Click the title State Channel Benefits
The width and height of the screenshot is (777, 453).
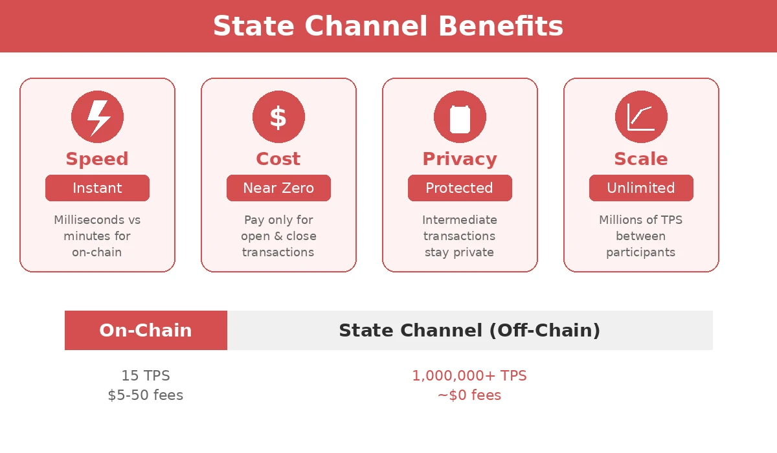388,27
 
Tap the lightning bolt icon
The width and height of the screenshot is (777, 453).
97,117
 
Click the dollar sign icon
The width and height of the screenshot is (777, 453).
278,117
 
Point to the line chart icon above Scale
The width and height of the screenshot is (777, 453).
641,117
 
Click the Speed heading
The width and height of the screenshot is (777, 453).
97,159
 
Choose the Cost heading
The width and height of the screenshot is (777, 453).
278,159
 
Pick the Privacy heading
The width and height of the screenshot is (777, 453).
460,159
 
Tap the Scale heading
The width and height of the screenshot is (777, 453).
641,159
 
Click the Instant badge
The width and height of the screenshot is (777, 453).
97,188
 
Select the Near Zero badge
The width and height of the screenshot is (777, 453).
278,188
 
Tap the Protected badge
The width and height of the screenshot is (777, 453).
460,188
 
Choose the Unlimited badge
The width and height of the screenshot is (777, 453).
641,188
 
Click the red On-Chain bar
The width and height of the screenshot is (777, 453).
146,331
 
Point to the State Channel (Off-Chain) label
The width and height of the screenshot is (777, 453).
469,331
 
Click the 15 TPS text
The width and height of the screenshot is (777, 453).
146,376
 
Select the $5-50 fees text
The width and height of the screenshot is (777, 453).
146,395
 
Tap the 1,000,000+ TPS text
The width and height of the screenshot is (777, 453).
469,376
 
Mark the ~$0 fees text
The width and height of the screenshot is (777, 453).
469,395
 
